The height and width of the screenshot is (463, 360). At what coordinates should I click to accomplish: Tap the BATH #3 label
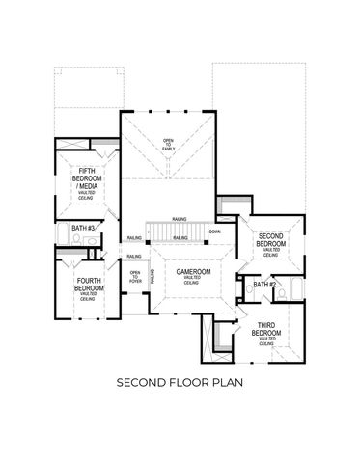[x=83, y=230]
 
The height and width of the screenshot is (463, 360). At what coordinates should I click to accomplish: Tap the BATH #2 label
[x=265, y=286]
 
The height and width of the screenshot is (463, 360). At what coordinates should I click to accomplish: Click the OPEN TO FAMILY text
[x=168, y=143]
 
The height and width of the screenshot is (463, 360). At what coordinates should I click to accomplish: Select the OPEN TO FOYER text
[x=135, y=279]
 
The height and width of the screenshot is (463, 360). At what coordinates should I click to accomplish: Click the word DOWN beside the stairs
[x=214, y=231]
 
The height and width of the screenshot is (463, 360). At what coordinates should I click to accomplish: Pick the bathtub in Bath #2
[x=296, y=286]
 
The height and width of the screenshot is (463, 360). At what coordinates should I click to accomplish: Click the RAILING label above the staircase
[x=180, y=219]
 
